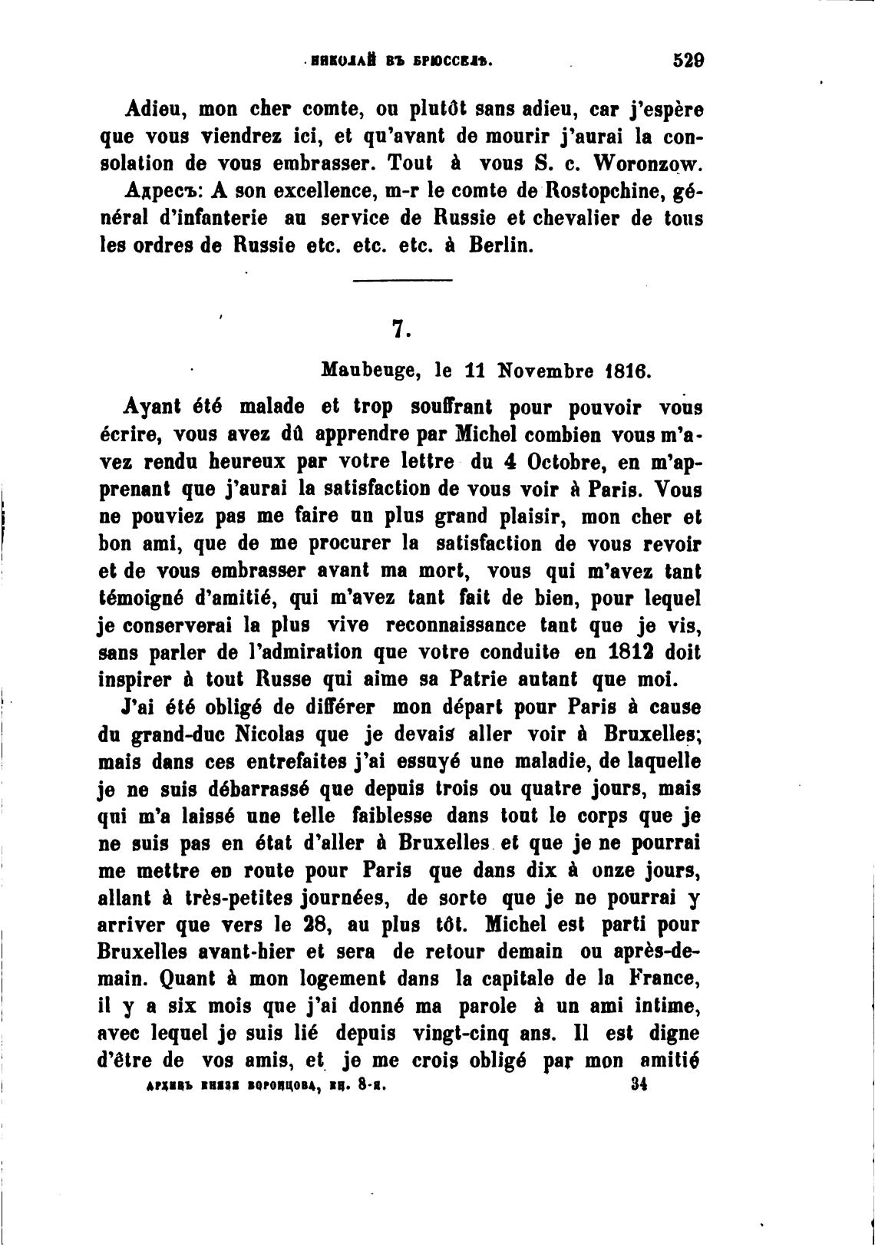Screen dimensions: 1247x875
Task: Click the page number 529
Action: point(688,60)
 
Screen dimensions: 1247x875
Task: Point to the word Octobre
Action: point(566,461)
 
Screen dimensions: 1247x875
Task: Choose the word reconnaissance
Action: point(451,625)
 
